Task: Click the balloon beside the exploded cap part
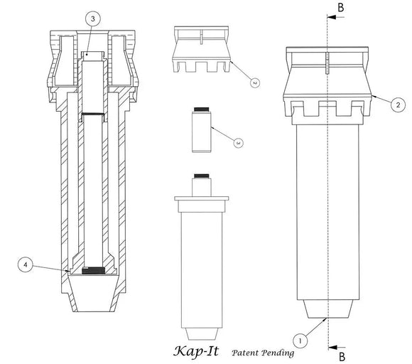[x=254, y=82]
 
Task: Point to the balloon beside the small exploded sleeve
[x=239, y=143]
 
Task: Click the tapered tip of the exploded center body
[x=202, y=334]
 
